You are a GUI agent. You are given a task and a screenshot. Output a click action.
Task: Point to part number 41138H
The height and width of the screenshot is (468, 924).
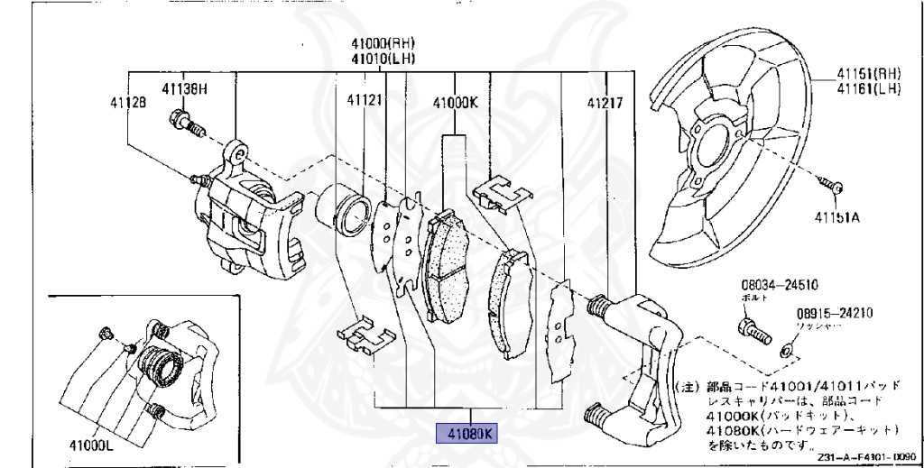click(185, 88)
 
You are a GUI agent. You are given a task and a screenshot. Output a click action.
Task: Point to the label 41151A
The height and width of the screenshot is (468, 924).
click(835, 217)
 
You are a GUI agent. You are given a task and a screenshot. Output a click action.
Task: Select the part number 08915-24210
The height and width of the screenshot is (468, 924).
click(834, 314)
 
